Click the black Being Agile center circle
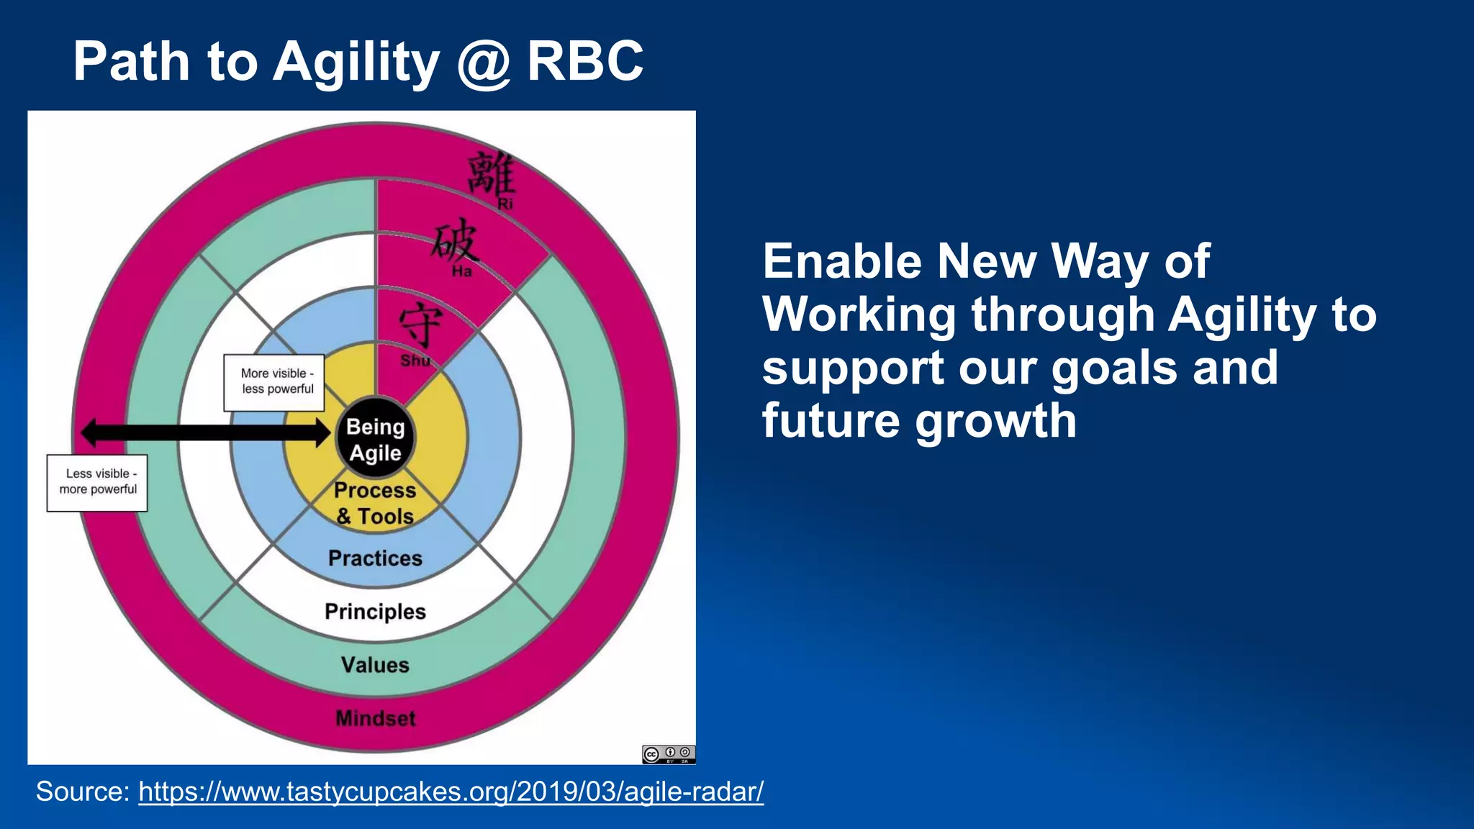pyautogui.click(x=375, y=438)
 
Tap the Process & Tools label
pyautogui.click(x=375, y=503)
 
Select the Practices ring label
pyautogui.click(x=375, y=558)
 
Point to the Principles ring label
pyautogui.click(x=375, y=612)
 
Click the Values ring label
pyautogui.click(x=375, y=665)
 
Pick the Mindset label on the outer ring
pyautogui.click(x=375, y=718)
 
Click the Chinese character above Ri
pyautogui.click(x=492, y=173)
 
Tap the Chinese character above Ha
pyautogui.click(x=455, y=241)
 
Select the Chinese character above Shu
pyautogui.click(x=420, y=325)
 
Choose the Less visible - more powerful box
pyautogui.click(x=97, y=482)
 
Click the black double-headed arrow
pyautogui.click(x=205, y=432)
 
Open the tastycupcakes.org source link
pyautogui.click(x=451, y=792)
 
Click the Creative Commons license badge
pyautogui.click(x=668, y=754)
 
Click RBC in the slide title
pyautogui.click(x=584, y=61)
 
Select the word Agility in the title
pyautogui.click(x=356, y=63)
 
